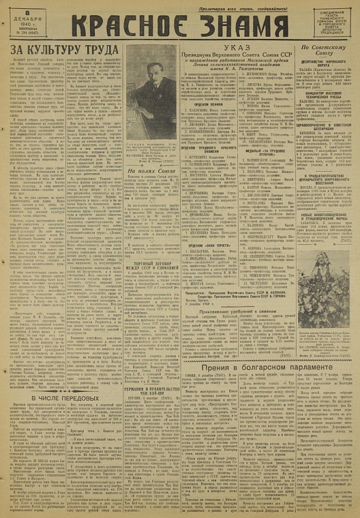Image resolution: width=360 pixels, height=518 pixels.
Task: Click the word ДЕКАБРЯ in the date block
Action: coord(25,19)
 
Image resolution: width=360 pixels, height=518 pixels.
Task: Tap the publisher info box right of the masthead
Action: coord(335,25)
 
